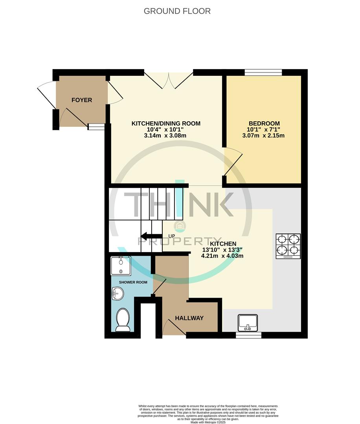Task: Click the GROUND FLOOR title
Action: tap(177, 11)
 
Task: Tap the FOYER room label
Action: tap(82, 100)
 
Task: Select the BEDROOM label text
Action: tap(263, 123)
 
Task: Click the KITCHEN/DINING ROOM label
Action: tap(165, 123)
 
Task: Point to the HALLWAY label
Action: tap(189, 318)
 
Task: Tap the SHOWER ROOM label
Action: tap(133, 282)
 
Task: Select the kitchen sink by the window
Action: tap(248, 323)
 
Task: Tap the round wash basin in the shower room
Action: tap(118, 293)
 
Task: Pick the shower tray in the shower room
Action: tap(121, 265)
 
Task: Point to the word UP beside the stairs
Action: tap(172, 236)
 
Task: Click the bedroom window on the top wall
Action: tap(263, 72)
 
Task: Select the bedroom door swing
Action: tap(233, 161)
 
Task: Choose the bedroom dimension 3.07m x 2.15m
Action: tap(263, 136)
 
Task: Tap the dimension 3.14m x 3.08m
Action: tap(165, 136)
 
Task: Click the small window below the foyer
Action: tap(96, 126)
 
